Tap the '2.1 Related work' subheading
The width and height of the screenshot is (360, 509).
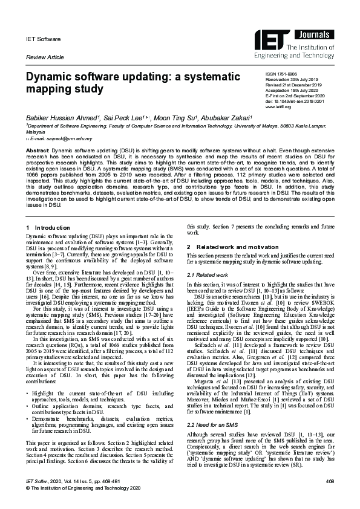coord(207,274)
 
